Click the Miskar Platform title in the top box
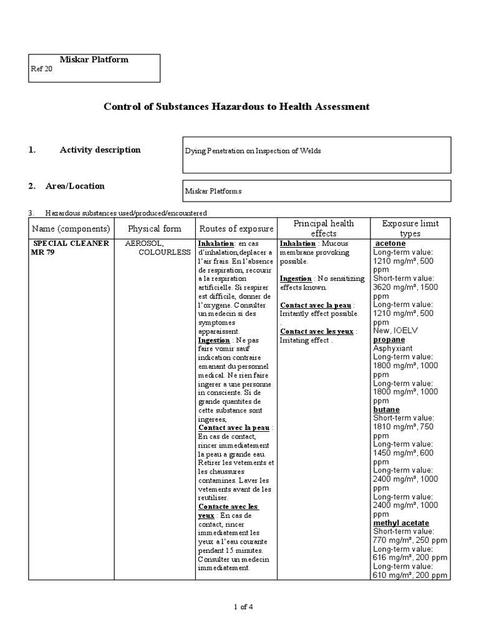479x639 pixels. click(x=94, y=60)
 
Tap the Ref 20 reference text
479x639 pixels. click(x=42, y=70)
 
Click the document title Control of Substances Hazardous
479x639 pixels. click(x=236, y=107)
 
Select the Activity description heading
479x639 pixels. click(x=100, y=150)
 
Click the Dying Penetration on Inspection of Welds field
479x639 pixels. click(x=253, y=152)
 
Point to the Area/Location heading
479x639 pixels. click(x=75, y=186)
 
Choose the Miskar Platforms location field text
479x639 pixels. click(x=213, y=192)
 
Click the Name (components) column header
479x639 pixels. click(x=71, y=229)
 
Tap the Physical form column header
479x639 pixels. click(x=154, y=229)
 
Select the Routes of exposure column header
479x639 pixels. click(x=236, y=229)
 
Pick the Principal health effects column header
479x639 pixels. click(x=324, y=228)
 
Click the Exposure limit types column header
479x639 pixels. click(x=410, y=228)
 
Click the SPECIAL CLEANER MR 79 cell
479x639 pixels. click(x=70, y=247)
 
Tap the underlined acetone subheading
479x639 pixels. click(x=390, y=243)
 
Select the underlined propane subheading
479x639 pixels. click(x=389, y=339)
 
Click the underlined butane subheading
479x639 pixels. click(x=387, y=409)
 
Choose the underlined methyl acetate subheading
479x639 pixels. click(x=401, y=522)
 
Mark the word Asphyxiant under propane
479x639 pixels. click(x=394, y=348)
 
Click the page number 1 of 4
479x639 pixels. click(x=243, y=607)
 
